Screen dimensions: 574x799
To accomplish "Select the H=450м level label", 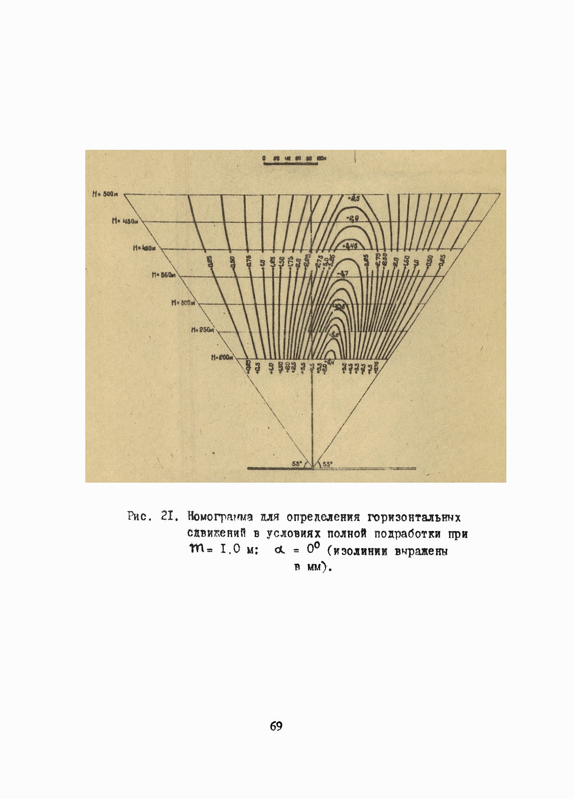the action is click(x=124, y=221).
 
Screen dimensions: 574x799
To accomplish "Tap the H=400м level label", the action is click(x=144, y=248).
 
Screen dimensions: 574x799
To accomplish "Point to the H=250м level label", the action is click(x=203, y=330).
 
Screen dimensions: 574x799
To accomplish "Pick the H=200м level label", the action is click(x=222, y=358).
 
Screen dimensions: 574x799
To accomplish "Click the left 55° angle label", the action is click(x=297, y=464).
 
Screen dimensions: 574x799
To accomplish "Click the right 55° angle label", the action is click(x=327, y=464).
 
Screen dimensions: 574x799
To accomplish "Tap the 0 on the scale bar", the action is click(x=264, y=159).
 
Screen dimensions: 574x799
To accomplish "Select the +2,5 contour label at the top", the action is click(x=353, y=199).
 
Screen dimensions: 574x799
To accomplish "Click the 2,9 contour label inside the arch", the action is click(x=352, y=219).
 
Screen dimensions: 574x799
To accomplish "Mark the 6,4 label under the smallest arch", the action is click(x=330, y=362).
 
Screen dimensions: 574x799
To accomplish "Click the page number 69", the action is click(x=276, y=726).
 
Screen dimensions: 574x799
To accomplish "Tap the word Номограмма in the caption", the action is click(x=220, y=517).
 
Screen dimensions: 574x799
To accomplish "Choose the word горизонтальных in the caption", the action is click(x=414, y=518).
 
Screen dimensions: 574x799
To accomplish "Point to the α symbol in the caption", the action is click(x=280, y=550).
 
